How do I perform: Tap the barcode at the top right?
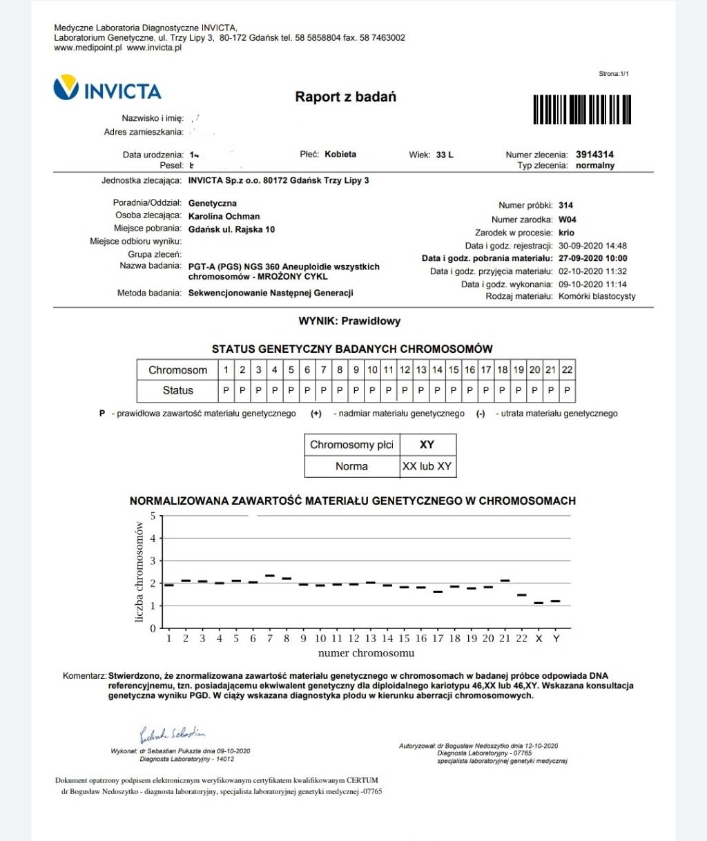coord(582,109)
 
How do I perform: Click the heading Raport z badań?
coord(345,97)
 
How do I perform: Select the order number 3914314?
coord(594,155)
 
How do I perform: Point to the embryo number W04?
coord(567,220)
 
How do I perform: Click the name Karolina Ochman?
coord(224,216)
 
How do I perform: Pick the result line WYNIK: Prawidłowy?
coord(349,321)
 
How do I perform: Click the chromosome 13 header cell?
coord(421,370)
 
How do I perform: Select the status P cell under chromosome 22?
coord(567,391)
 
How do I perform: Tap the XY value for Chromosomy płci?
coord(427,445)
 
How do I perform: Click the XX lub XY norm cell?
coord(427,467)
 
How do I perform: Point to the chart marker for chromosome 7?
coord(270,575)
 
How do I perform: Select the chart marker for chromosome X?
coord(539,603)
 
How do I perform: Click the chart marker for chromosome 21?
coord(505,581)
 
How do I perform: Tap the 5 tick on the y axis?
coord(153,516)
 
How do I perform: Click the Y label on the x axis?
coord(556,639)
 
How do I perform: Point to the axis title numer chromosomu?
coord(366,653)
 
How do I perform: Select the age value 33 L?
coord(445,155)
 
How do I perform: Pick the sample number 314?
coord(565,206)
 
